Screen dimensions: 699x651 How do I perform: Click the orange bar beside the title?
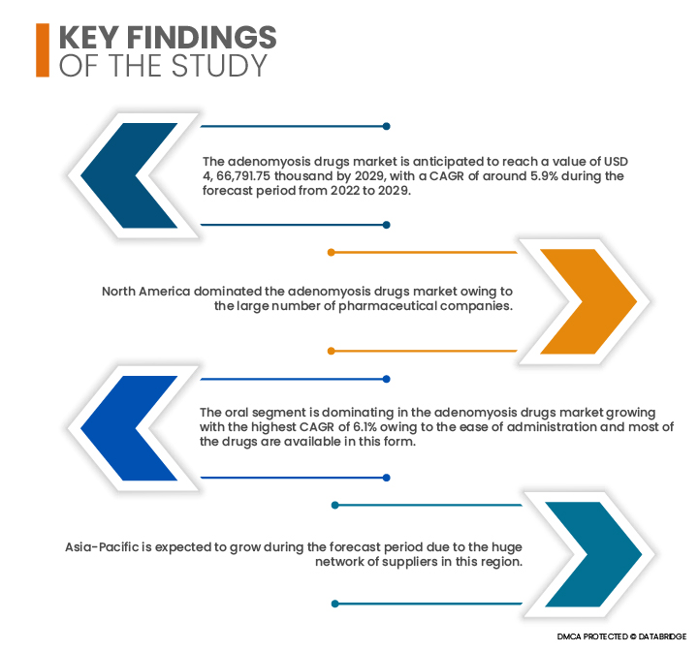pos(43,50)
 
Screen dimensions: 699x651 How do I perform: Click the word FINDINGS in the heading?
pos(202,37)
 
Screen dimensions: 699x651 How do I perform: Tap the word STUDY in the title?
pos(219,66)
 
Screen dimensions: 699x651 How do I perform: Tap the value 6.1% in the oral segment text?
pos(365,427)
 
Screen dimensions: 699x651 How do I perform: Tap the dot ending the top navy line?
pos(387,126)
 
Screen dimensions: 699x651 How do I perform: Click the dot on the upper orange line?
pos(332,252)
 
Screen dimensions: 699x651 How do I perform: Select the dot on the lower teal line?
pos(335,604)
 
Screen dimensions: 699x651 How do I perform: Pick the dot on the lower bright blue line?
pos(387,478)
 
